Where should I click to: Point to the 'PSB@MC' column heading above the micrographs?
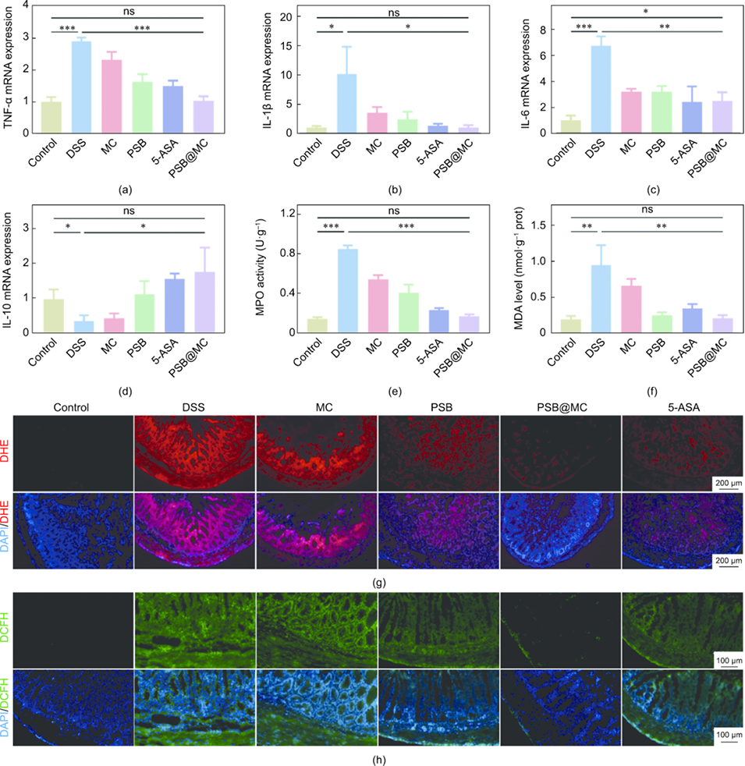(x=560, y=406)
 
